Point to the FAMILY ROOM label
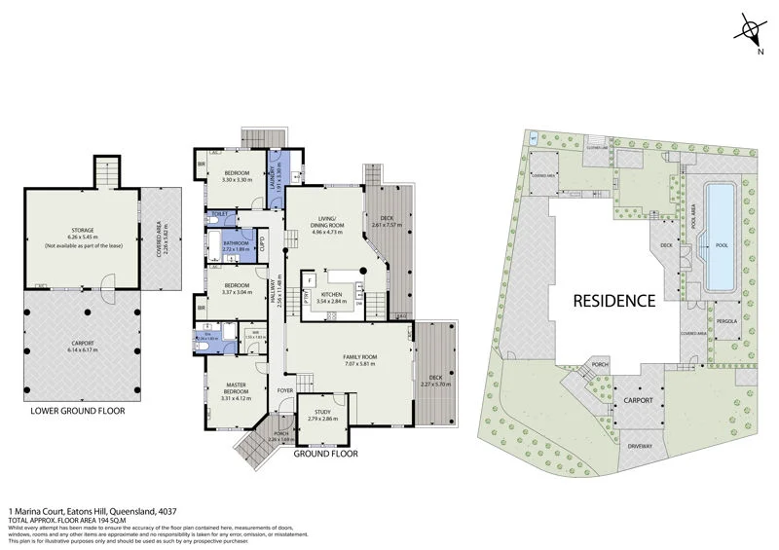359,358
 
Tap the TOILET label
219,213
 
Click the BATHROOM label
237,244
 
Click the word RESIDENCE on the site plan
612,300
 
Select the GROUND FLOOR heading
325,454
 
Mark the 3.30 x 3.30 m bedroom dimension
237,180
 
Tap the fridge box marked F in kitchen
310,280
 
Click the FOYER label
284,390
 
